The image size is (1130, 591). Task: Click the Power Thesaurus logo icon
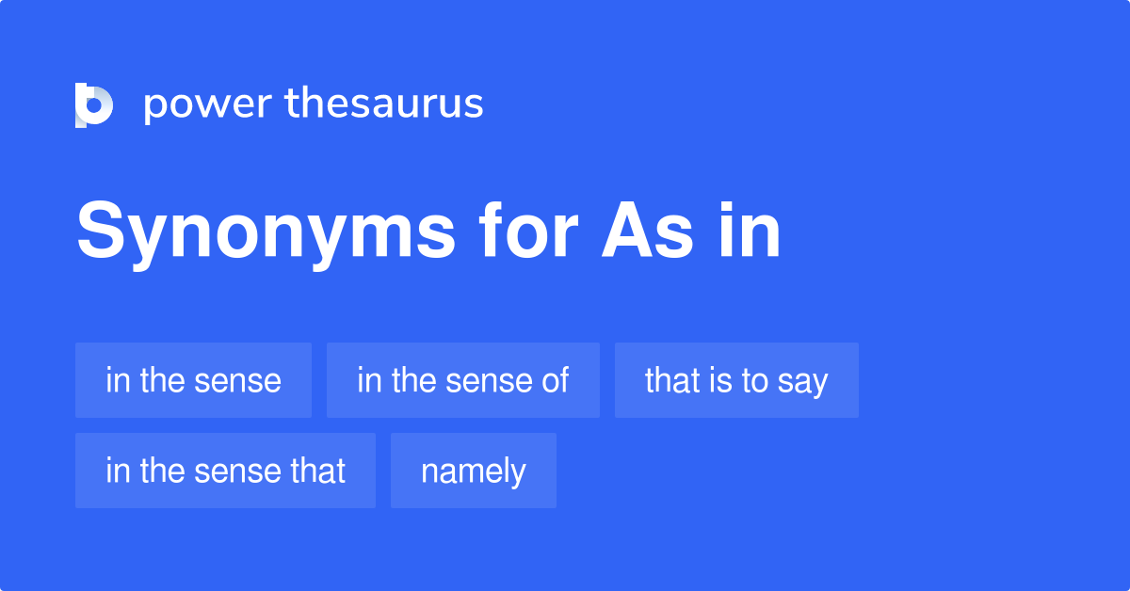click(x=94, y=104)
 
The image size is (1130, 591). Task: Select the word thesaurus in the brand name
click(x=384, y=104)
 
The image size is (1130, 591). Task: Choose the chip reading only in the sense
click(x=193, y=380)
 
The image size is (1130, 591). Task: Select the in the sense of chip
click(x=462, y=380)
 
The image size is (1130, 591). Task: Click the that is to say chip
click(x=736, y=380)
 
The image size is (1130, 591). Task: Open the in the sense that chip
click(x=225, y=471)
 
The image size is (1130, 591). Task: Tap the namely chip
click(x=473, y=471)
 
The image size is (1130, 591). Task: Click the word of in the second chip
click(x=556, y=380)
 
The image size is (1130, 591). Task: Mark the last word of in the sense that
click(x=318, y=471)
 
